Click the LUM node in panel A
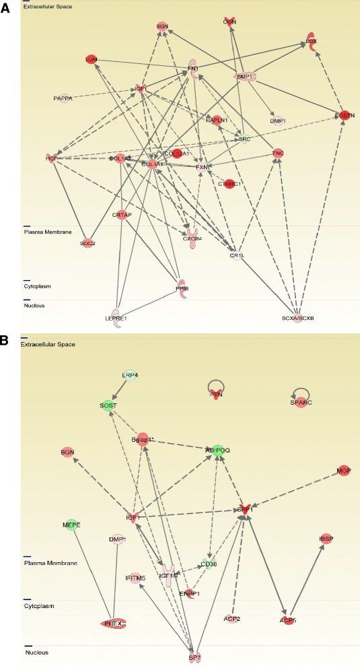[x=91, y=59]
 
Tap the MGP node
[x=345, y=470]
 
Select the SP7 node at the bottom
[x=194, y=653]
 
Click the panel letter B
[x=5, y=341]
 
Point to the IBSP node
[x=326, y=539]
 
